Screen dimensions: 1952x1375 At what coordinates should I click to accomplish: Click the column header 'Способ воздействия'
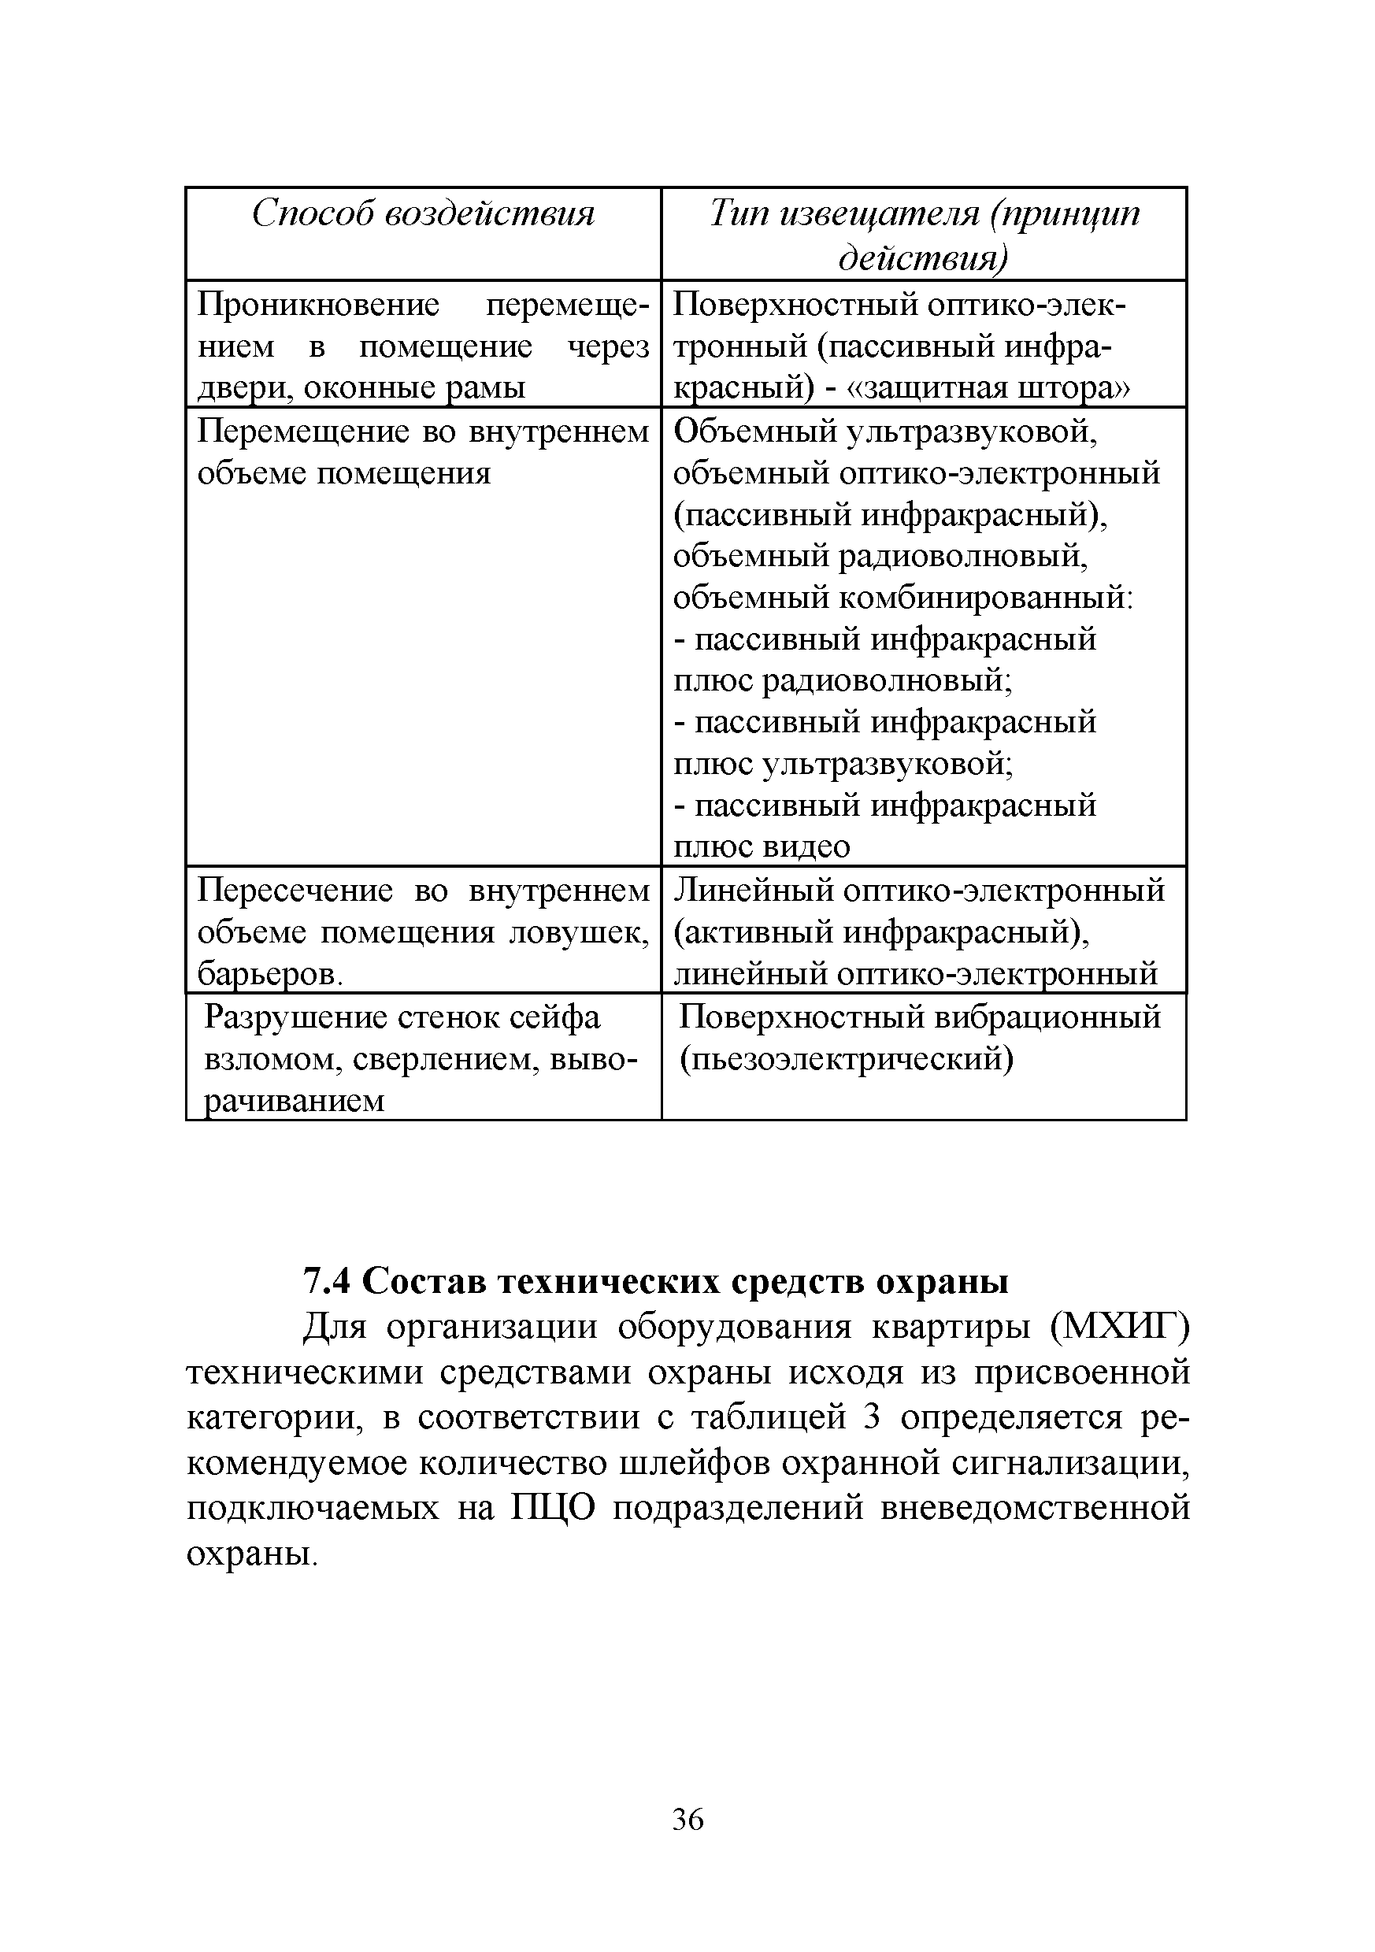point(423,213)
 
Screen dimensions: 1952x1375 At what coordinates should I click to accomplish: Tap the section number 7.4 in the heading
point(328,1281)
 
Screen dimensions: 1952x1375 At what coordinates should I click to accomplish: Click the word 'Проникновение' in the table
point(319,305)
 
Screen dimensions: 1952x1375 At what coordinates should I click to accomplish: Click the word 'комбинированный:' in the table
point(987,598)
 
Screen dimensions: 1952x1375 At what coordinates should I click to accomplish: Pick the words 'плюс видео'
point(761,846)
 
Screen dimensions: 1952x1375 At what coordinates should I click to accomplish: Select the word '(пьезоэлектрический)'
point(846,1059)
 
